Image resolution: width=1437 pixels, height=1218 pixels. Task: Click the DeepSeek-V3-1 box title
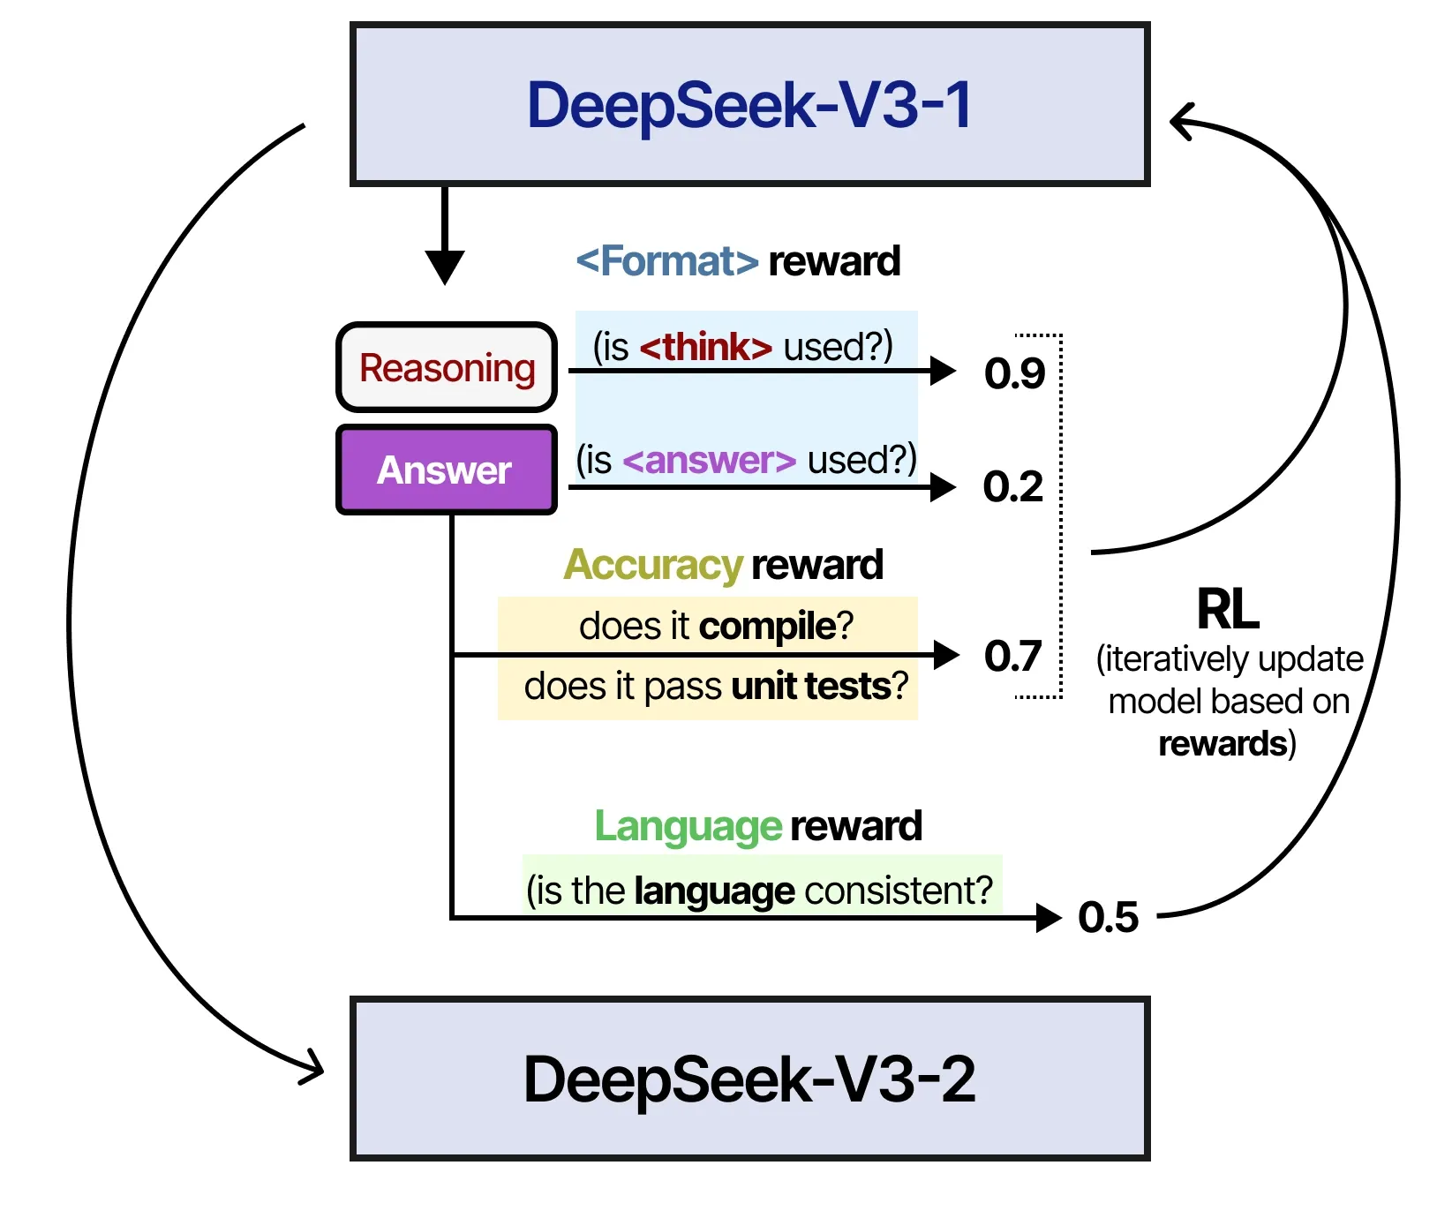[x=749, y=105]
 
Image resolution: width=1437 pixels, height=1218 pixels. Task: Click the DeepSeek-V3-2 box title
[x=749, y=1079]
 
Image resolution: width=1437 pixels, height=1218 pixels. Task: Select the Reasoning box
[x=447, y=367]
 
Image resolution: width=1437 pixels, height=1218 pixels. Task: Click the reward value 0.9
[x=1014, y=373]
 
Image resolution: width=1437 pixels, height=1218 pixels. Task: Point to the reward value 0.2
[x=1012, y=486]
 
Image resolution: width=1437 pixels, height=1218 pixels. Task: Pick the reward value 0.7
[x=1012, y=656]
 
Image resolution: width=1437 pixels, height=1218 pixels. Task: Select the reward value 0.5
[x=1108, y=917]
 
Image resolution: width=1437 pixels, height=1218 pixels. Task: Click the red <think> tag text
[x=706, y=347]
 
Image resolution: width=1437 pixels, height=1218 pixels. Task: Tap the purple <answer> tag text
[x=710, y=460]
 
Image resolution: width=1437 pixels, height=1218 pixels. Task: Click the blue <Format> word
[x=667, y=261]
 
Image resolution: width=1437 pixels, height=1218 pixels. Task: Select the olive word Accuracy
[x=653, y=565]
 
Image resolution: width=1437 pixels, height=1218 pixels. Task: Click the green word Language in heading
[x=688, y=826]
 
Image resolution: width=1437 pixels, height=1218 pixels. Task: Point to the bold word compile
[x=767, y=626]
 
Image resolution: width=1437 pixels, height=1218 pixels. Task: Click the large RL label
[x=1227, y=609]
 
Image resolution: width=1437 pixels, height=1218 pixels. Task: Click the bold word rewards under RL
[x=1223, y=743]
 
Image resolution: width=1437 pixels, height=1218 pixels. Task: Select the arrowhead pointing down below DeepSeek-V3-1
[x=445, y=266]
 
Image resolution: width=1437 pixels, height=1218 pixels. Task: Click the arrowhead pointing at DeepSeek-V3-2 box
[x=312, y=1069]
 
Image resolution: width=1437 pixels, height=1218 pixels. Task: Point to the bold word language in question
[x=714, y=891]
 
